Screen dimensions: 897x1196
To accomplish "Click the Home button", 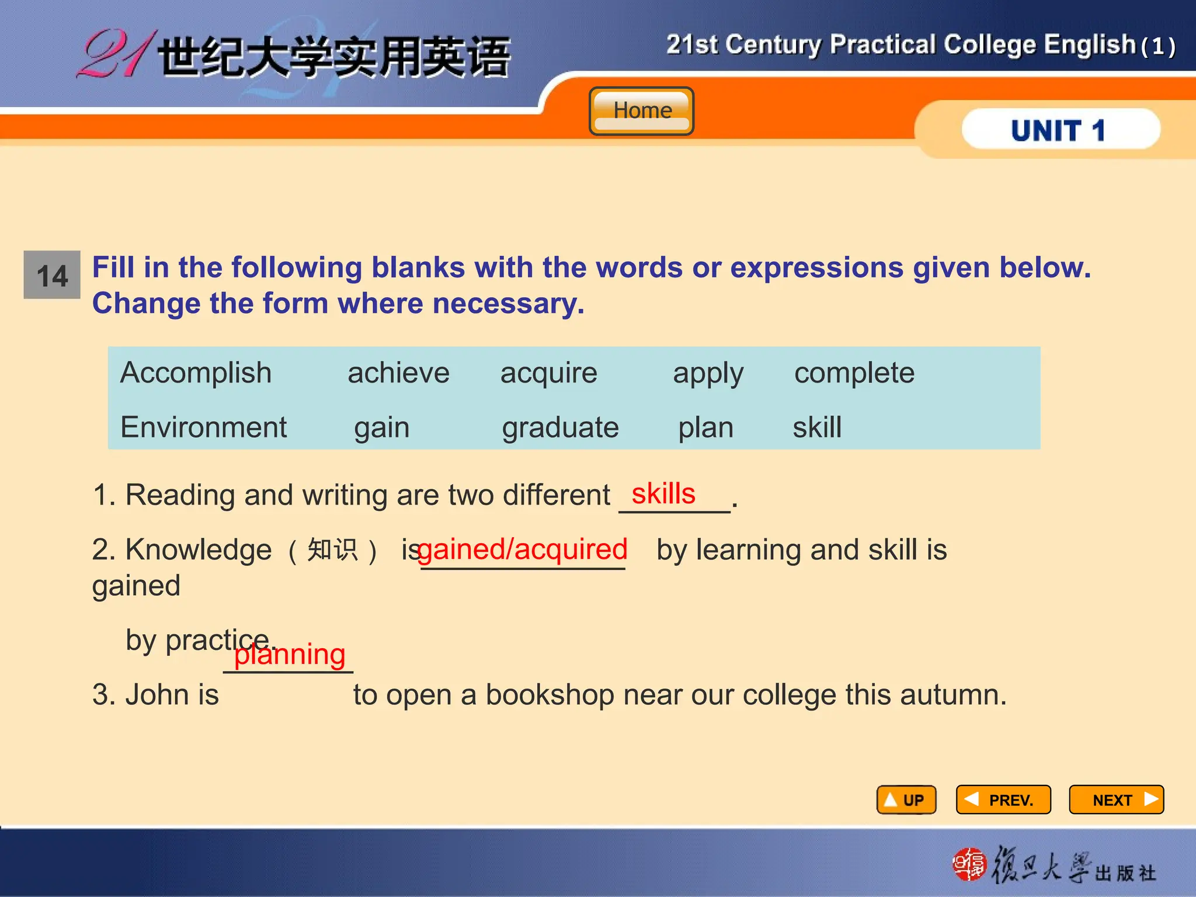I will [641, 111].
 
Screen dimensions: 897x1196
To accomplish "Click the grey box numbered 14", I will [52, 275].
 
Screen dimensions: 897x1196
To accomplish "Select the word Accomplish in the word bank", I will [196, 373].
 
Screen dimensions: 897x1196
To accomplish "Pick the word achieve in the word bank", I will [398, 373].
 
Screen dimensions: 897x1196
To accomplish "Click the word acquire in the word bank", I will [548, 373].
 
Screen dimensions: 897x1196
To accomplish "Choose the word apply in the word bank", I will [708, 374].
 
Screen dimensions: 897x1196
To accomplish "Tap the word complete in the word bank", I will [854, 373].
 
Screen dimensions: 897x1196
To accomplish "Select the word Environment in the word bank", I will [203, 427].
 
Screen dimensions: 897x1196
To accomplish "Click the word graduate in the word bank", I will [560, 428].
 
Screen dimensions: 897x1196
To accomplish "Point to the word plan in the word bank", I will [705, 428].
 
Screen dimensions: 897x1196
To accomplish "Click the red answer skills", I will [663, 494].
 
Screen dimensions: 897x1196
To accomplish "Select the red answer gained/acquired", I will [523, 550].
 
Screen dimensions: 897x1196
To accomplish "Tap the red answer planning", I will [290, 655].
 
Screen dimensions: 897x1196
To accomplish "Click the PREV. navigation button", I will [1003, 799].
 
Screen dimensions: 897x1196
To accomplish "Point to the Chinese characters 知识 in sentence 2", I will [332, 550].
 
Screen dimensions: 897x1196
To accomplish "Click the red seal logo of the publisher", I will [969, 864].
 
